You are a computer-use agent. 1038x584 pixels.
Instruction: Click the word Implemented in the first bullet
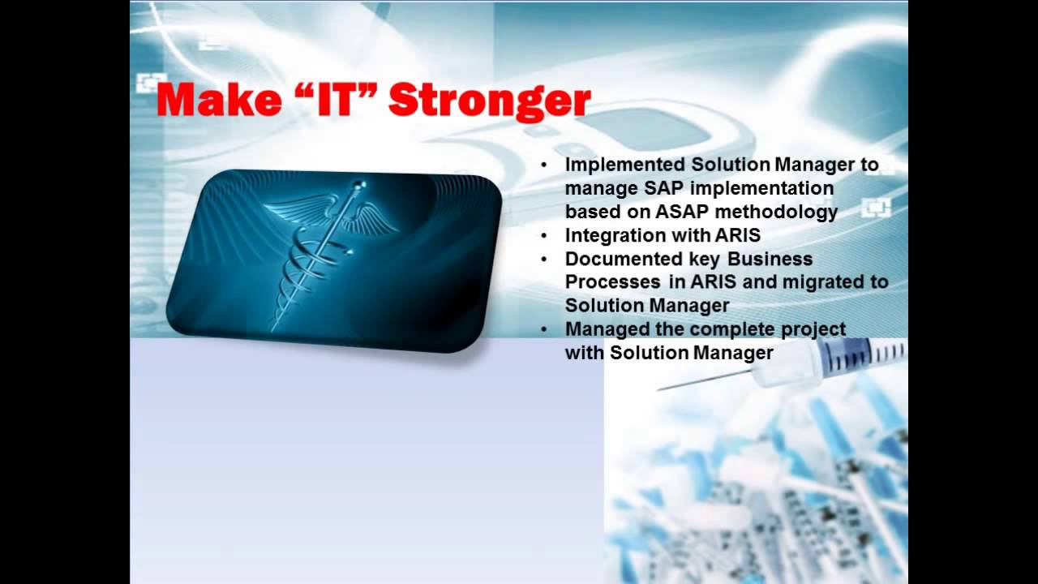(619, 165)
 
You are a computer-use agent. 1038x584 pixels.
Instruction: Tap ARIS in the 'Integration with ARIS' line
(737, 236)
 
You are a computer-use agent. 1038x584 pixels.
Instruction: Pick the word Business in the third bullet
(770, 259)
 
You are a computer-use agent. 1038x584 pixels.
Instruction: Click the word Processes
(612, 282)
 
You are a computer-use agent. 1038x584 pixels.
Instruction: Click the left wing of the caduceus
(300, 208)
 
